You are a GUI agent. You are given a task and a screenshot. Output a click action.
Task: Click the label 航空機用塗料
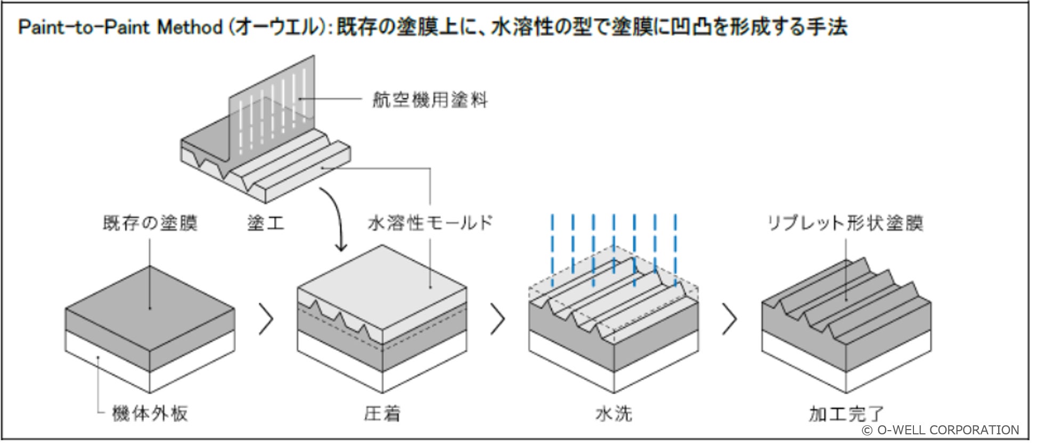point(429,100)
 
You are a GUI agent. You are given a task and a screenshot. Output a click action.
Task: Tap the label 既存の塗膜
point(150,223)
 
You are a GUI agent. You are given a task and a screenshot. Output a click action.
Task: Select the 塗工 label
point(266,223)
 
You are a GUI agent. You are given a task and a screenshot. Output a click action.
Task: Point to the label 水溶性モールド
point(430,223)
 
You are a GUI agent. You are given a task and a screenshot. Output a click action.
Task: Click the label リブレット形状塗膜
point(845,223)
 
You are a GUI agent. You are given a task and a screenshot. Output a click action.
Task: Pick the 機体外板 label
point(150,414)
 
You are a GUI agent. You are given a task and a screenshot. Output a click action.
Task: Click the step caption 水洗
point(614,414)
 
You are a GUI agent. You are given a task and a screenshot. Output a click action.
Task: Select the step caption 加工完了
point(846,414)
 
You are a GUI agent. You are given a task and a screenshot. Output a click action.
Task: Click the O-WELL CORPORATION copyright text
point(941,430)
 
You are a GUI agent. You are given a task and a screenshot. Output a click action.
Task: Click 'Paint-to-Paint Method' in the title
point(120,27)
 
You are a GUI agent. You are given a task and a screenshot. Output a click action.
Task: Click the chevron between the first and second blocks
point(266,319)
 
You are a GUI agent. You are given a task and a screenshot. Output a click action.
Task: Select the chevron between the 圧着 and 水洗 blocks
point(497,319)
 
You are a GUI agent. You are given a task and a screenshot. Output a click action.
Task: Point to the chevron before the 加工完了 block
point(730,319)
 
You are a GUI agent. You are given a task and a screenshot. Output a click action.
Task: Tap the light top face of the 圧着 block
point(382,282)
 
